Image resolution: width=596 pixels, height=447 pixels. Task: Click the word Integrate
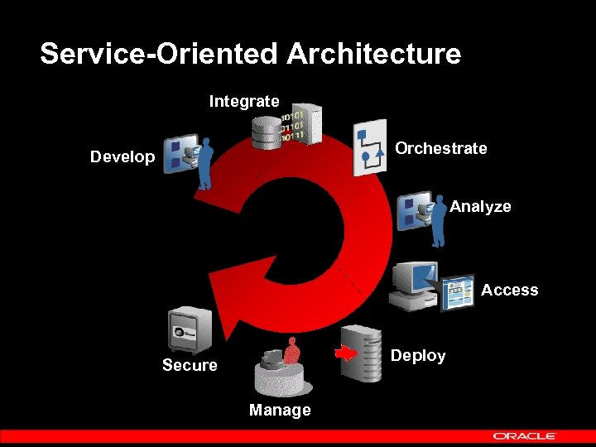click(244, 102)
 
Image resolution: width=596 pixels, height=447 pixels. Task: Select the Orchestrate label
click(440, 149)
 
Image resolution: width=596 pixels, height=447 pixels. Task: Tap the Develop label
click(123, 157)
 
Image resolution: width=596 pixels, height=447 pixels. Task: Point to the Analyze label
click(480, 207)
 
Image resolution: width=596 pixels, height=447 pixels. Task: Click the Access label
click(509, 291)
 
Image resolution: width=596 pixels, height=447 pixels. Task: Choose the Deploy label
click(418, 356)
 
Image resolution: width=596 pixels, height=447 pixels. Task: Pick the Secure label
click(190, 365)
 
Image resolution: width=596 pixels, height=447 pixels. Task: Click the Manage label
click(280, 411)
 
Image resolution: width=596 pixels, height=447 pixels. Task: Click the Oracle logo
click(525, 436)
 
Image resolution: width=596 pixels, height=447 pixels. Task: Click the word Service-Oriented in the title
click(158, 55)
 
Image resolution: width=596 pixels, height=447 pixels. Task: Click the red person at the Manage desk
click(291, 352)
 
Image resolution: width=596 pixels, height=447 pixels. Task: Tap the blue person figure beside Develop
click(203, 161)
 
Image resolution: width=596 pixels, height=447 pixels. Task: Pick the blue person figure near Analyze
click(437, 220)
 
